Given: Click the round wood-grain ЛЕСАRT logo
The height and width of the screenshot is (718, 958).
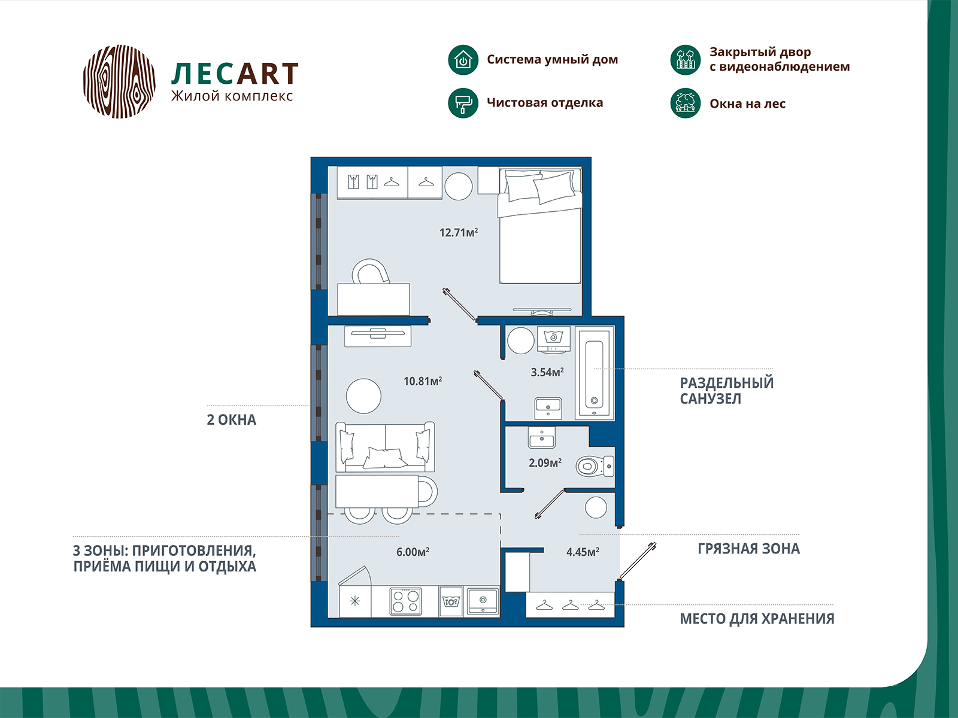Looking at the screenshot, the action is (119, 81).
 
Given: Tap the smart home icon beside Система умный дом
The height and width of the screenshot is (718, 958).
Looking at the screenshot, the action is (463, 60).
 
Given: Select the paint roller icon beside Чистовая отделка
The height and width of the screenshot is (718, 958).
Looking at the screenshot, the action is (463, 103).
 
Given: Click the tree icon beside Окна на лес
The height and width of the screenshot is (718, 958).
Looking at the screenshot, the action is (685, 103).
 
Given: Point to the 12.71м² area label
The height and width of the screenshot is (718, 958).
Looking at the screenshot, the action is (458, 232).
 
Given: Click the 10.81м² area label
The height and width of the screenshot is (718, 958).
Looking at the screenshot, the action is (423, 381).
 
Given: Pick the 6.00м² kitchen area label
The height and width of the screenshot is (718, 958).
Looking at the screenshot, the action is (413, 552).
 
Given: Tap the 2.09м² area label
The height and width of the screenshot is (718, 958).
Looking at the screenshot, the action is (545, 463).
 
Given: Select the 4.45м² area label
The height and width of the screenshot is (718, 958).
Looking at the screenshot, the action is (583, 552).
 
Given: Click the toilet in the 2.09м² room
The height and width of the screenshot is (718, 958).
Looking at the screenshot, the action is (595, 467).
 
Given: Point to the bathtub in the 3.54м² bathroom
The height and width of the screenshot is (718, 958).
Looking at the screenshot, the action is (595, 373).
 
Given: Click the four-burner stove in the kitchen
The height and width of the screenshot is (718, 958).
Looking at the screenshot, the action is (405, 601).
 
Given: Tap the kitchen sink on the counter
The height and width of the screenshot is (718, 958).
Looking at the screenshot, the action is (483, 601).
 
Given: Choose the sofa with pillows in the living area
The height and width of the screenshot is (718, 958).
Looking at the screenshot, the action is (385, 446).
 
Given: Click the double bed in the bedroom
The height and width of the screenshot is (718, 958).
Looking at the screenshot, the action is (540, 226).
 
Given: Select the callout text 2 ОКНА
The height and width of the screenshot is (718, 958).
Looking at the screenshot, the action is (231, 420).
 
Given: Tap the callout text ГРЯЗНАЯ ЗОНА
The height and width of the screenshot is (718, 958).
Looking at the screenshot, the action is (748, 549).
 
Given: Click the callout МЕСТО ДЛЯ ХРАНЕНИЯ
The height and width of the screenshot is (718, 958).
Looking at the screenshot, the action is (757, 619).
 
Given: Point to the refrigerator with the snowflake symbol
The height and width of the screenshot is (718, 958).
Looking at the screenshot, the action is (355, 601).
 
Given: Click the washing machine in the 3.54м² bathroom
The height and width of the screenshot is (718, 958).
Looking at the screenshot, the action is (553, 340).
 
